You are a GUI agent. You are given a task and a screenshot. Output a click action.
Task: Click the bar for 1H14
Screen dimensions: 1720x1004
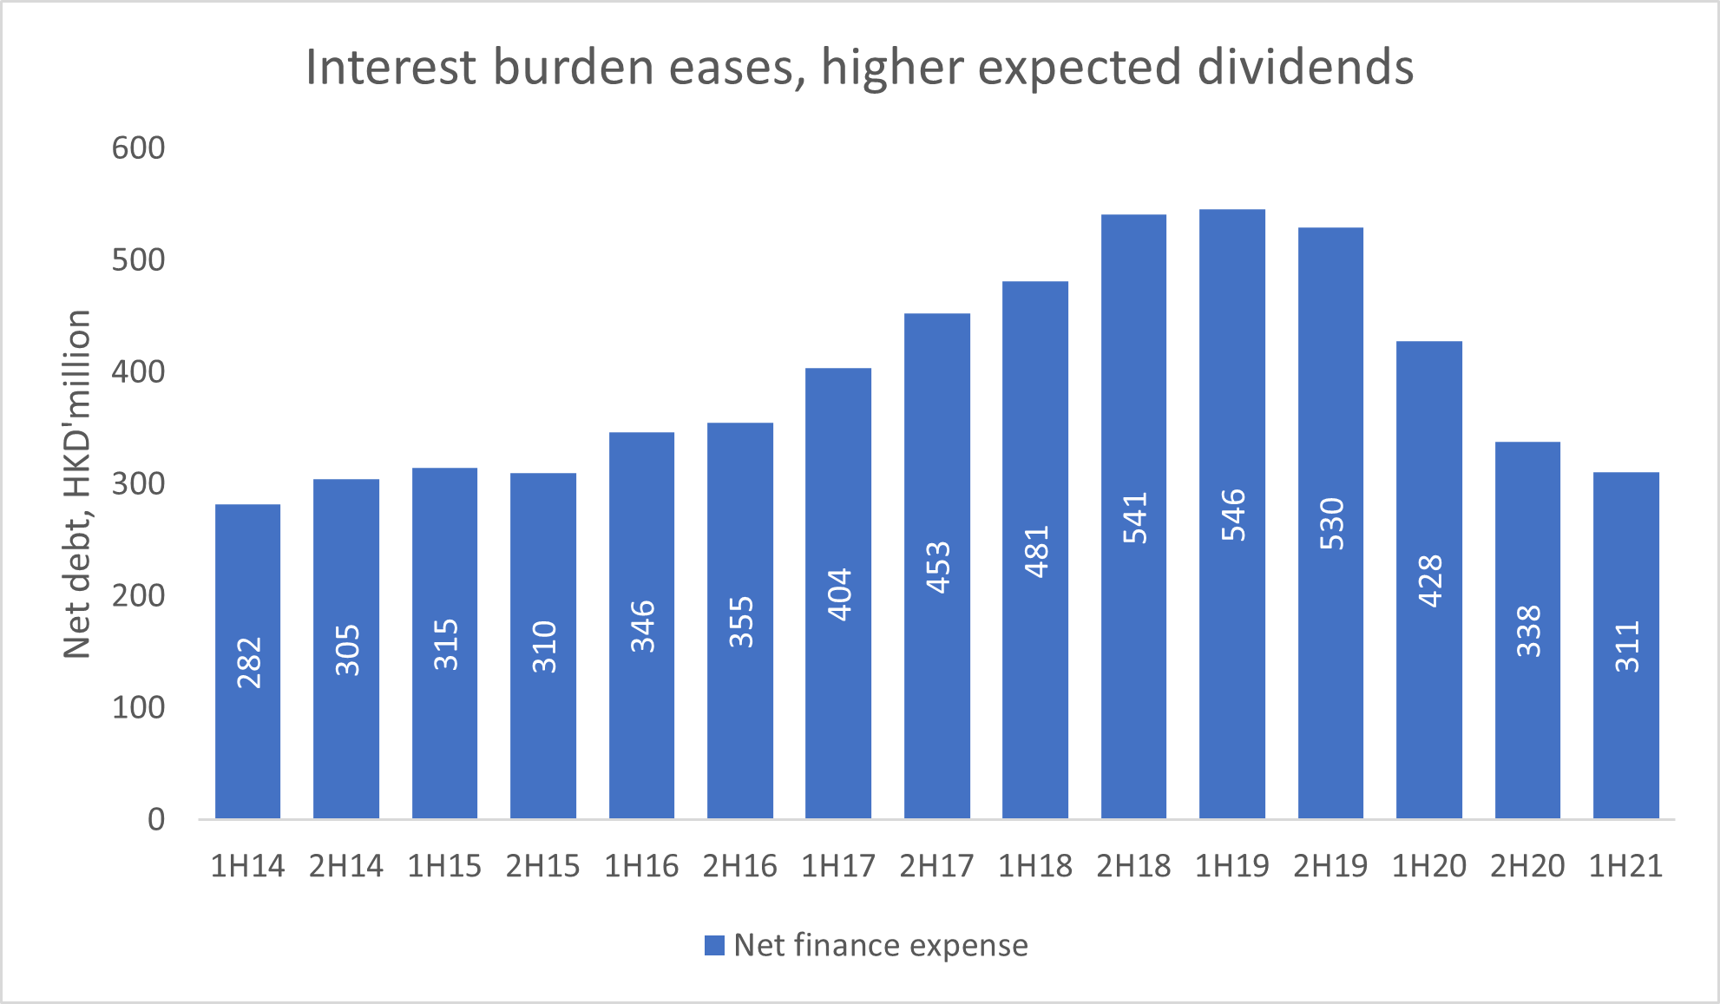click(247, 661)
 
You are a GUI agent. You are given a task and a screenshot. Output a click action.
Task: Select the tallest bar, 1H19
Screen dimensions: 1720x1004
click(1232, 514)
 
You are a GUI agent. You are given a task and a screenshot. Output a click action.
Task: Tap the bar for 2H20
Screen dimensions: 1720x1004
click(1527, 630)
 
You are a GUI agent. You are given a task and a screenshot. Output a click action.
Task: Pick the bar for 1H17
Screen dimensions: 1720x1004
click(838, 594)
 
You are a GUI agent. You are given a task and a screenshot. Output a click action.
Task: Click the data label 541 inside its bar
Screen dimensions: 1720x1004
click(1135, 518)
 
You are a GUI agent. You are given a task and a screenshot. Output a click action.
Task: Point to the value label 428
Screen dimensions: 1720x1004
click(1430, 581)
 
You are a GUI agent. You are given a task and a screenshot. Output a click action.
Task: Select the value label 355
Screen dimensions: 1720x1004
click(741, 622)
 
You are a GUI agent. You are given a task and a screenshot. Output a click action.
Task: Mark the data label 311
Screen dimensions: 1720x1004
click(1627, 646)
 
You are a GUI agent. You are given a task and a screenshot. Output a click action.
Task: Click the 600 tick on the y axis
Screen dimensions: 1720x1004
click(138, 148)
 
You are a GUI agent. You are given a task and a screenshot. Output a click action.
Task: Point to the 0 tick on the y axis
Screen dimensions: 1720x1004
click(156, 819)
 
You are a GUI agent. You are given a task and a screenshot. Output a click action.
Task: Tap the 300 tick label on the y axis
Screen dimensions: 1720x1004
click(138, 483)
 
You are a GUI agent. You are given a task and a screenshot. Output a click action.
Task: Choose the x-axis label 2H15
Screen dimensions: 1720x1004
click(543, 866)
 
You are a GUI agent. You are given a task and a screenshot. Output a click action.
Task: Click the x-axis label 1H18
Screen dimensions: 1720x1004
click(1035, 866)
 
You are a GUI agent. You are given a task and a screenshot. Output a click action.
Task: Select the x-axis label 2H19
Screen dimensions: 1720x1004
click(1330, 866)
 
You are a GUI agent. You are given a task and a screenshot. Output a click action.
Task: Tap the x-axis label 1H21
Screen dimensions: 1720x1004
click(1625, 866)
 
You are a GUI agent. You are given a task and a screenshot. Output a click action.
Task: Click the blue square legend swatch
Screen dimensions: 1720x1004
click(714, 945)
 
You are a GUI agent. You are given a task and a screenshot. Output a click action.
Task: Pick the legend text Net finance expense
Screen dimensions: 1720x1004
click(881, 945)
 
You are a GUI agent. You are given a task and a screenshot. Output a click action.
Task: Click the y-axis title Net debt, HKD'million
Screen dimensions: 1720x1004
click(77, 484)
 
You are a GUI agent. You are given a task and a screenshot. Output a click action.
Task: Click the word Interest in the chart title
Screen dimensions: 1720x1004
click(391, 67)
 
